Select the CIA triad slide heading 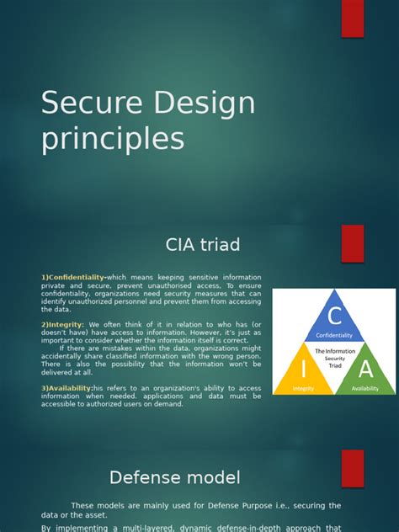pyautogui.click(x=202, y=245)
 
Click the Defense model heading pyautogui.click(x=175, y=477)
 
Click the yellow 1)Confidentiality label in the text pyautogui.click(x=72, y=277)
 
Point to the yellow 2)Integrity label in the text pyautogui.click(x=62, y=324)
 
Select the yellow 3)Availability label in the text pyautogui.click(x=66, y=388)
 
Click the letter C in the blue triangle pyautogui.click(x=334, y=317)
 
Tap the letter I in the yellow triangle pyautogui.click(x=302, y=368)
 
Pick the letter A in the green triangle pyautogui.click(x=365, y=368)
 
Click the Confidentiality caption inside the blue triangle pyautogui.click(x=334, y=334)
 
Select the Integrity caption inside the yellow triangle pyautogui.click(x=304, y=389)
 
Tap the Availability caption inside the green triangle pyautogui.click(x=364, y=389)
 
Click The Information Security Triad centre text pyautogui.click(x=334, y=358)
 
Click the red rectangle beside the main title pyautogui.click(x=353, y=19)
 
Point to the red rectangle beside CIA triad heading pyautogui.click(x=353, y=243)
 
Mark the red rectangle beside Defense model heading pyautogui.click(x=353, y=470)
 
